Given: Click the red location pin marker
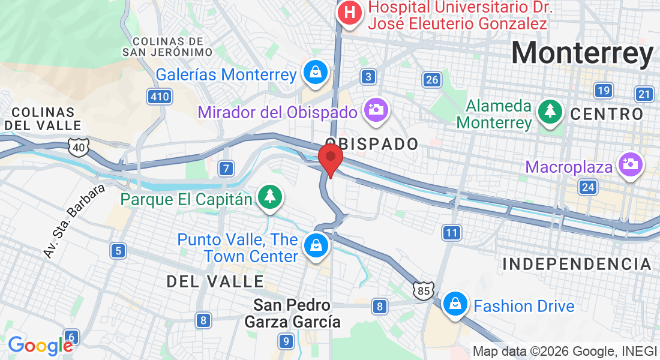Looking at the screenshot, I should (x=330, y=159).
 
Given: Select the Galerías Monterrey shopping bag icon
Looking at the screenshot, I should (x=314, y=72).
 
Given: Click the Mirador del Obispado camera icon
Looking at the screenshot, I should (x=376, y=109).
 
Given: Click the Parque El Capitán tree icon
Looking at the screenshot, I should (x=270, y=196).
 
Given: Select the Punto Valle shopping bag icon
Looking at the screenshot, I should (x=314, y=245).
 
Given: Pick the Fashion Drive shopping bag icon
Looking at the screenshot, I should (x=456, y=304).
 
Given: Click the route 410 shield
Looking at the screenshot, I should (x=159, y=96).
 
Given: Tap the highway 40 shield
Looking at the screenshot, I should (x=79, y=146).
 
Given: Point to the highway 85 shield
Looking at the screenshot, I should (x=423, y=290).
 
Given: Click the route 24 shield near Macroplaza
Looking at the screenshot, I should (x=588, y=188).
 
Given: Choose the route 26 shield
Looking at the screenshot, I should (x=431, y=80).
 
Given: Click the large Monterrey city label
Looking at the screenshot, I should (x=582, y=53).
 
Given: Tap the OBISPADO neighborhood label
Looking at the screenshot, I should (x=371, y=144).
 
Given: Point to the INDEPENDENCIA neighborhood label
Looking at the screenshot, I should (x=577, y=264).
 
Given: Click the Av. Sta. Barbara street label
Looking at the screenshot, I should (x=74, y=221).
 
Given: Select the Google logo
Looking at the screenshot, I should (x=41, y=345).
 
